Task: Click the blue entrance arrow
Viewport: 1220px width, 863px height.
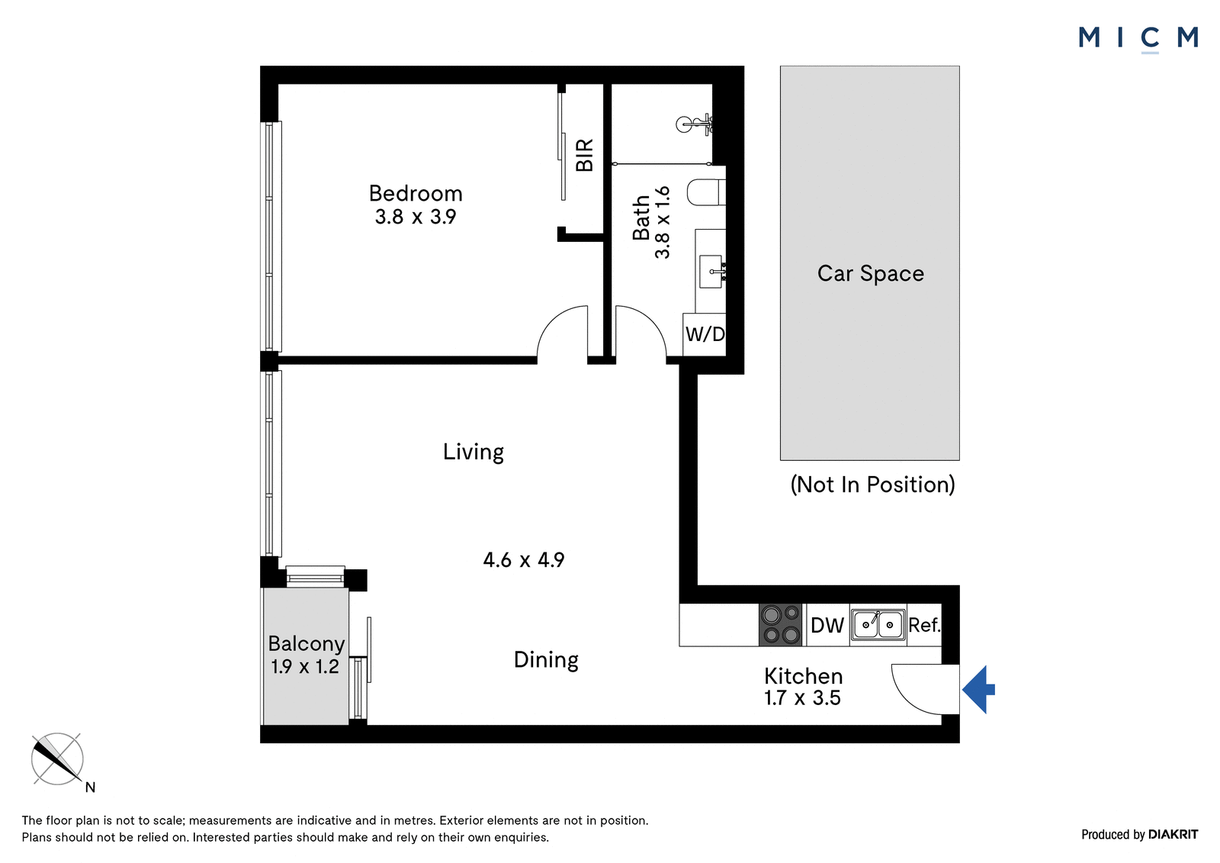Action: click(978, 690)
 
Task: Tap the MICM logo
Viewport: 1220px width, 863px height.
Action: click(1138, 39)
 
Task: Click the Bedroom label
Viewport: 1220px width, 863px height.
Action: click(416, 194)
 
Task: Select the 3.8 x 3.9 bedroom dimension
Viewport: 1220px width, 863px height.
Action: click(416, 217)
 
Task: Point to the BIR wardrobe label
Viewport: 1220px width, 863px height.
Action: click(584, 155)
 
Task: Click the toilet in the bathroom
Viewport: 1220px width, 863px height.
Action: click(706, 192)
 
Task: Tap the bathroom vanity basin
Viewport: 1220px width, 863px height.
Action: click(711, 271)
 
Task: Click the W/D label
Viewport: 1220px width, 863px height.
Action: click(705, 333)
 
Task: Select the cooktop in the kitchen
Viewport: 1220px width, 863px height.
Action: click(781, 625)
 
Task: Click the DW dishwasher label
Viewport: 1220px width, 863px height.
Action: click(827, 625)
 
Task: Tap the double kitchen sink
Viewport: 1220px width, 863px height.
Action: click(878, 625)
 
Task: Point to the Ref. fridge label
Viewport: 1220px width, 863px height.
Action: click(924, 625)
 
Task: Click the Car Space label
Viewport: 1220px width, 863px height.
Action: click(870, 274)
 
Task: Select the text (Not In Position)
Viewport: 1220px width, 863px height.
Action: click(872, 485)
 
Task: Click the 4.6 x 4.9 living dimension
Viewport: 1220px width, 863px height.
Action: click(523, 560)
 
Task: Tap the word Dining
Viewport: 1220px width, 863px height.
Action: click(546, 660)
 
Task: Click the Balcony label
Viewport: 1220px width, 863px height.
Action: click(306, 644)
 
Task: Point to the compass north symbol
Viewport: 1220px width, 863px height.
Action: click(57, 759)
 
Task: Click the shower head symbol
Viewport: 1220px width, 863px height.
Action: click(694, 125)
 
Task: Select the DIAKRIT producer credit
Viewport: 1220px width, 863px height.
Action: click(1173, 834)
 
